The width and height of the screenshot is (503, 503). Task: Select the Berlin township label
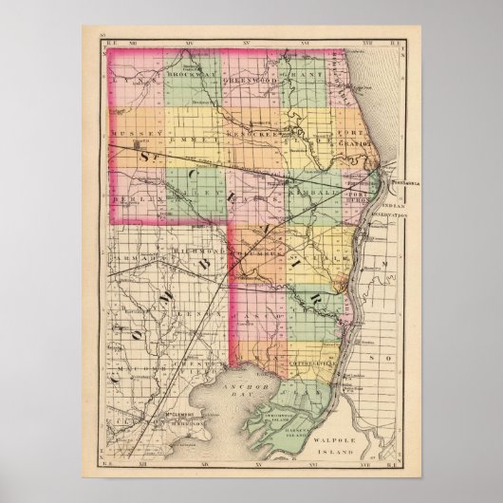coord(133,202)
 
